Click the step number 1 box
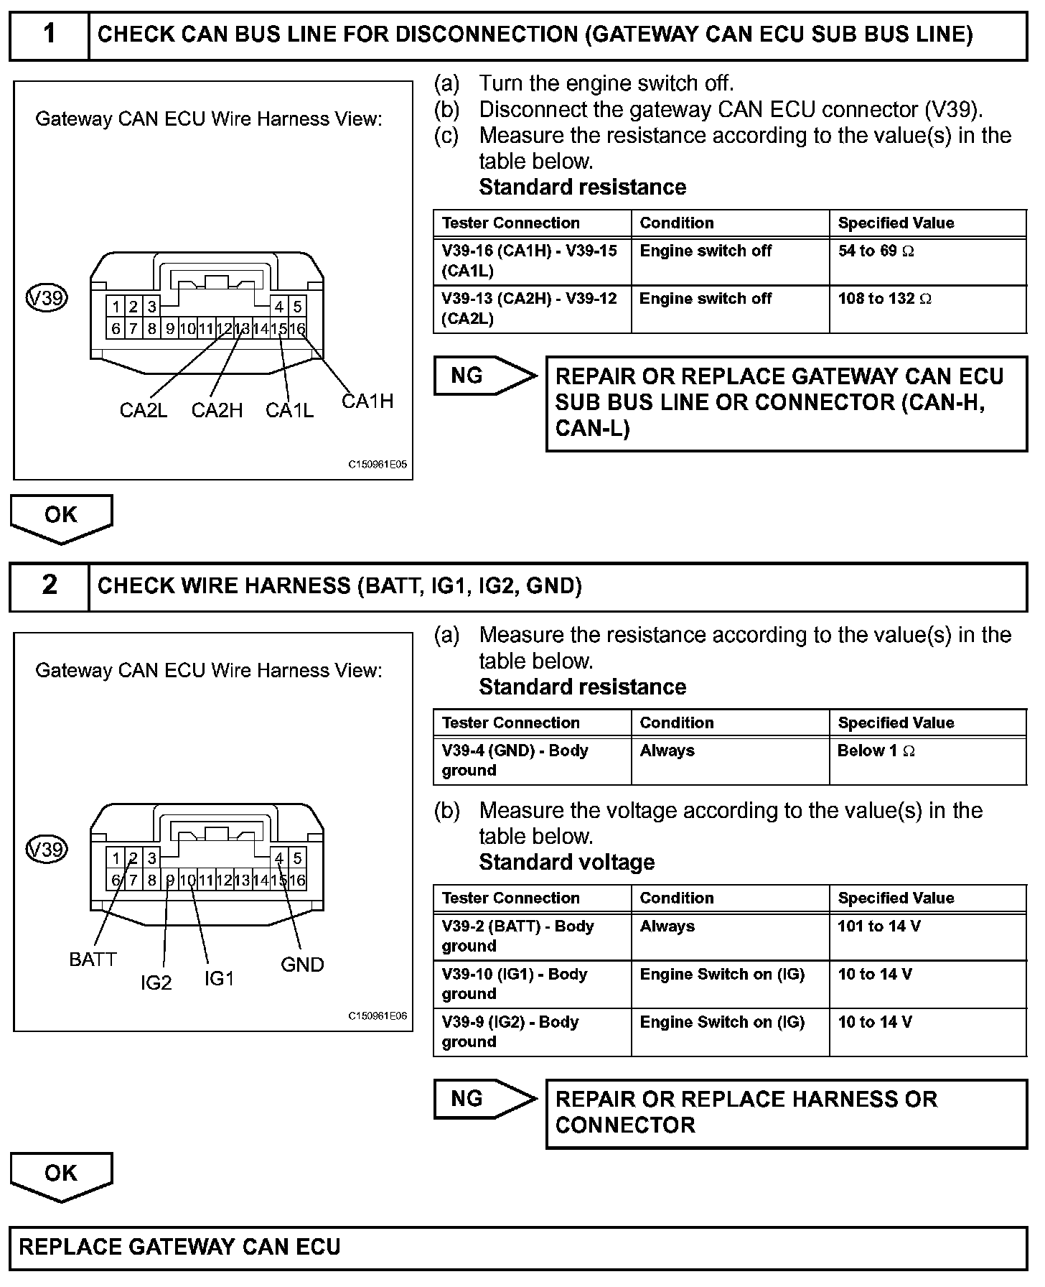tap(49, 34)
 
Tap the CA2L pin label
tap(144, 410)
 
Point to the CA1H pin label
tap(367, 401)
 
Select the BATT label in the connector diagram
tap(93, 960)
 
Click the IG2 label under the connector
tap(156, 982)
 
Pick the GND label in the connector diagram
tap(302, 965)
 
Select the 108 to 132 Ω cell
tap(884, 299)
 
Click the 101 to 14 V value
tap(878, 926)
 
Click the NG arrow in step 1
tap(484, 376)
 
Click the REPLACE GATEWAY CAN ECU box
tap(518, 1247)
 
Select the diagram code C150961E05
tap(378, 465)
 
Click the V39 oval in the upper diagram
tap(47, 297)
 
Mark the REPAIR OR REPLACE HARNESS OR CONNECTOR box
tap(786, 1112)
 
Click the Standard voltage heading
tap(567, 863)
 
